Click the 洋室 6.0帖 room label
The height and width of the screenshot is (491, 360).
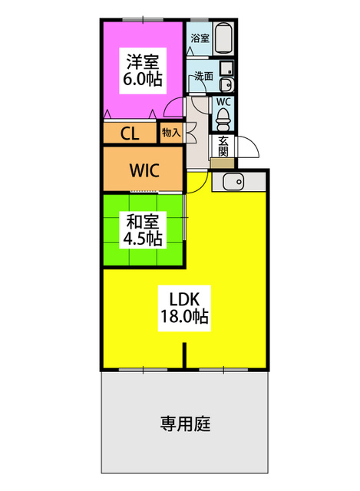(x=143, y=71)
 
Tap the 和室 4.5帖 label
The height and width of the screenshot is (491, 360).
(x=143, y=230)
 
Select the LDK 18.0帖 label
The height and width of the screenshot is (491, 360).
(x=184, y=308)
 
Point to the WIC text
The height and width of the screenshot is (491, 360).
(x=144, y=170)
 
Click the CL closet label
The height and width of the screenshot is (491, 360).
(x=130, y=134)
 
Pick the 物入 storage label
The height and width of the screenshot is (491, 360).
(x=171, y=133)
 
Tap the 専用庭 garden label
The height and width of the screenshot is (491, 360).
(x=185, y=423)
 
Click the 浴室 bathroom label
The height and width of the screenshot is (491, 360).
(x=200, y=38)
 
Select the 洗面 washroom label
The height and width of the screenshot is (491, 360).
(x=203, y=76)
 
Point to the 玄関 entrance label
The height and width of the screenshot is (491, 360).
(x=223, y=147)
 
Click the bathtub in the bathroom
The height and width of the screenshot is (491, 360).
(x=223, y=38)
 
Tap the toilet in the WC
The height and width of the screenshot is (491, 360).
(x=223, y=119)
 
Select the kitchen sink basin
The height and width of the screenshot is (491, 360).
(x=233, y=181)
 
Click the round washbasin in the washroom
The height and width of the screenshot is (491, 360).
(x=226, y=84)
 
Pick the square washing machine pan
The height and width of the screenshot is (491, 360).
(x=226, y=68)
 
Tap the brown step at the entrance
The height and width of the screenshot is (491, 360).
(x=222, y=163)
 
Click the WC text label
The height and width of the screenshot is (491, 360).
(x=223, y=102)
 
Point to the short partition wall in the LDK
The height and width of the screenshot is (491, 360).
(x=184, y=355)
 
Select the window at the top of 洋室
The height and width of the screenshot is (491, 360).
(x=143, y=20)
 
